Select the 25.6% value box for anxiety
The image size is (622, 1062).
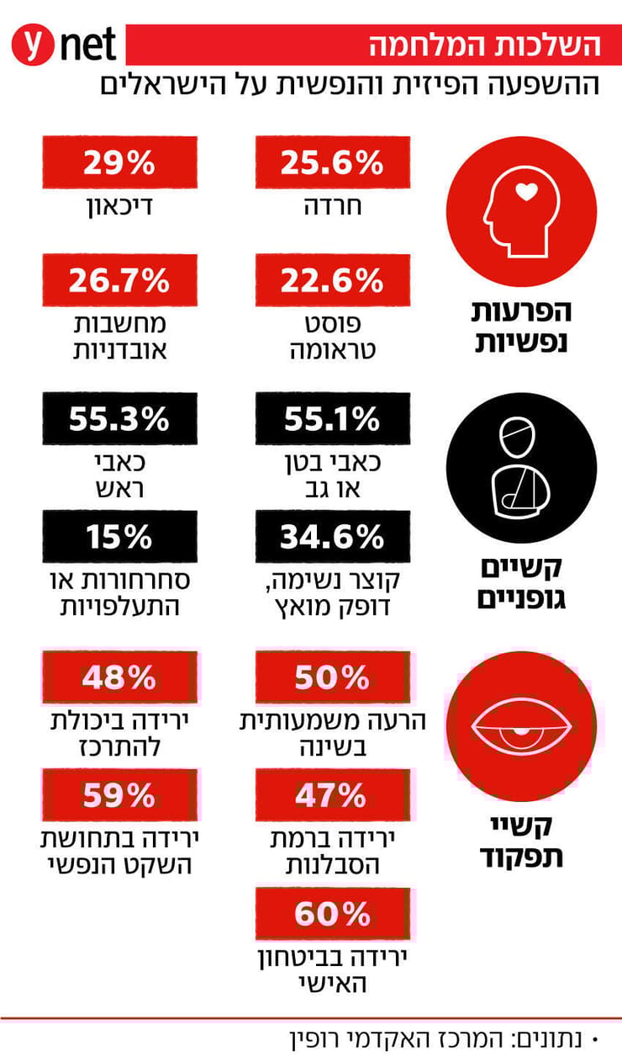[333, 162]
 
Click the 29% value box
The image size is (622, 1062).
[119, 162]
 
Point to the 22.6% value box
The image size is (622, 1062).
[333, 280]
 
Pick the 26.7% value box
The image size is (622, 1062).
[119, 280]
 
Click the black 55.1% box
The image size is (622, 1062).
[333, 418]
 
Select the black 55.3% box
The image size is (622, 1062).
[119, 418]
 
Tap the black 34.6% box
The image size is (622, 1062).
[333, 536]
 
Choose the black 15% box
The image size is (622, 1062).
[119, 536]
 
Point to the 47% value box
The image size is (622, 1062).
[333, 794]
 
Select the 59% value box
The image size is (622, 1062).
[119, 794]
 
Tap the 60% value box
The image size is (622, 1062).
[333, 913]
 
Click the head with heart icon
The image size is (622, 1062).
[521, 210]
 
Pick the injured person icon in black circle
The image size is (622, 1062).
[521, 468]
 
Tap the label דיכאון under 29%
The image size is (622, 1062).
[119, 206]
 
